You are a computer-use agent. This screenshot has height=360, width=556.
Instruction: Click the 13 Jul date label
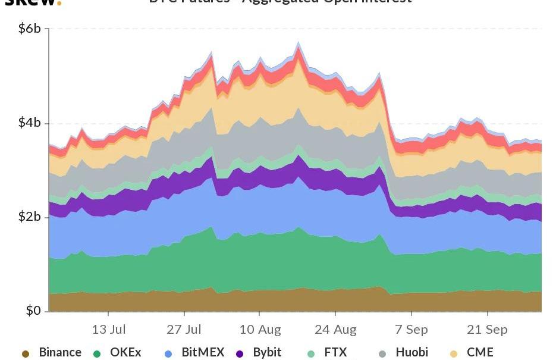pos(109,329)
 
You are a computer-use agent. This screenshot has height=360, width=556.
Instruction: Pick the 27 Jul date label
pos(184,329)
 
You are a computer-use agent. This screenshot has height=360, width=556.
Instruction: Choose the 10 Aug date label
pos(260,329)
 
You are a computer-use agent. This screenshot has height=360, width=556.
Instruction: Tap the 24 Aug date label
pos(335,329)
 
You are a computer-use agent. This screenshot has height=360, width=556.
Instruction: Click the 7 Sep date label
pos(411,329)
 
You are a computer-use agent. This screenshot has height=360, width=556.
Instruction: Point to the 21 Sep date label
pos(487,329)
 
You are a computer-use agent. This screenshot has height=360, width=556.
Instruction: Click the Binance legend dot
pos(26,353)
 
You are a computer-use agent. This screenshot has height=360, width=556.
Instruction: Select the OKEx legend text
pos(125,352)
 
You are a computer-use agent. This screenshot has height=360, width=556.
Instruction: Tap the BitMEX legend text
pos(203,352)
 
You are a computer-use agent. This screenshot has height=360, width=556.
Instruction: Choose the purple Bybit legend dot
pos(240,353)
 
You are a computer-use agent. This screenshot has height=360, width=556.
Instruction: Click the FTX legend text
pos(335,352)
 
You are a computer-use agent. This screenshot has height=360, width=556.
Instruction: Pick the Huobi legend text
pos(411,352)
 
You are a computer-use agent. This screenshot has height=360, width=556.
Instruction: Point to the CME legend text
pos(480,352)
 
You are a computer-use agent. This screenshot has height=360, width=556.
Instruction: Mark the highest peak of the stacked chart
pos(299,42)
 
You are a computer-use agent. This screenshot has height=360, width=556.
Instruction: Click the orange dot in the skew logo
pos(59,3)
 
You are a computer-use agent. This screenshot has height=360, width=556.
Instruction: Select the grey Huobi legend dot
pos(382,353)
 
